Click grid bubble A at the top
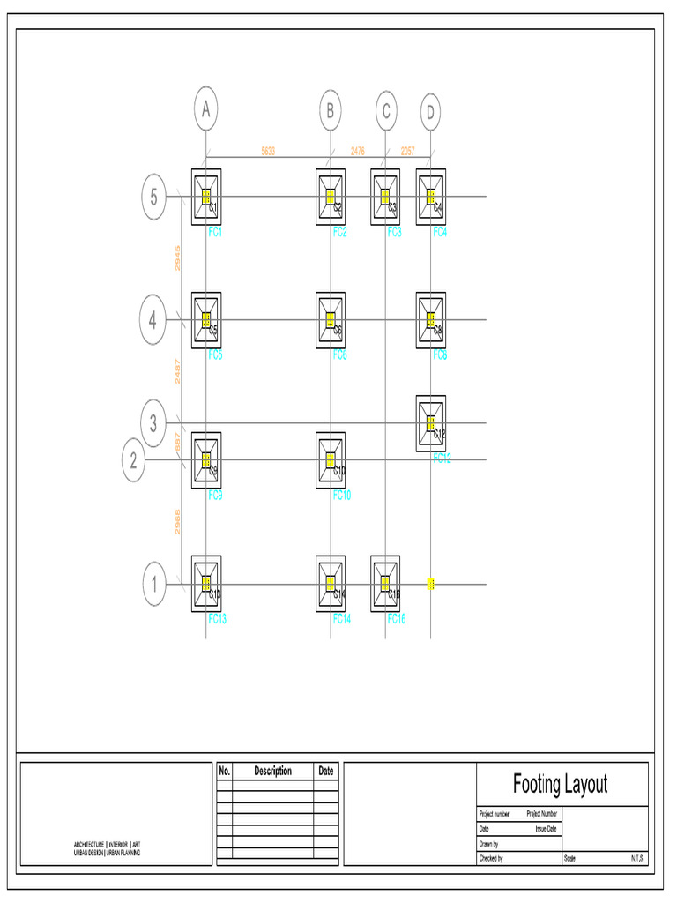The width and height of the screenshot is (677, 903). click(x=205, y=110)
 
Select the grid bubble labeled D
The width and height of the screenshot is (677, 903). click(x=430, y=112)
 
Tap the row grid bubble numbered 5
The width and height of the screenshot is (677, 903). click(x=153, y=197)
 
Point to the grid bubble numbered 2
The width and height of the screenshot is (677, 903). click(x=133, y=460)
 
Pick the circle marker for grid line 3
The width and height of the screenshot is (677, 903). click(x=153, y=424)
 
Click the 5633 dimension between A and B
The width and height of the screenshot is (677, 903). click(x=268, y=151)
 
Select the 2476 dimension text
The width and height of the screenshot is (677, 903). click(x=358, y=151)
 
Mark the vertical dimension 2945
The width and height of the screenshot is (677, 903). click(x=177, y=258)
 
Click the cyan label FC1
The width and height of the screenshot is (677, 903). click(x=216, y=232)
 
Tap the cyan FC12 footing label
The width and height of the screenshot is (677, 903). click(x=442, y=459)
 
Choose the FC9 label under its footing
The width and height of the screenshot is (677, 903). click(x=215, y=496)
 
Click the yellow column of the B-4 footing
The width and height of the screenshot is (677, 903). click(x=331, y=320)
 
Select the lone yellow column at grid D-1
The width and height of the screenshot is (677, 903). click(x=431, y=584)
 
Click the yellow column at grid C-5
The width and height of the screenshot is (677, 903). click(x=385, y=197)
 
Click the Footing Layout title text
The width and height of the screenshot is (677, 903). click(x=560, y=783)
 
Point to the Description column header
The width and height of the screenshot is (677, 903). click(x=272, y=771)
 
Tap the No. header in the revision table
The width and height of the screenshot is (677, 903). click(x=224, y=771)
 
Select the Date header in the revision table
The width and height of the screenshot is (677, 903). click(x=326, y=771)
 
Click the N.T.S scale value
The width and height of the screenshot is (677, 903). click(x=636, y=858)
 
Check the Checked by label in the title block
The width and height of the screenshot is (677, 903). click(x=491, y=858)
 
